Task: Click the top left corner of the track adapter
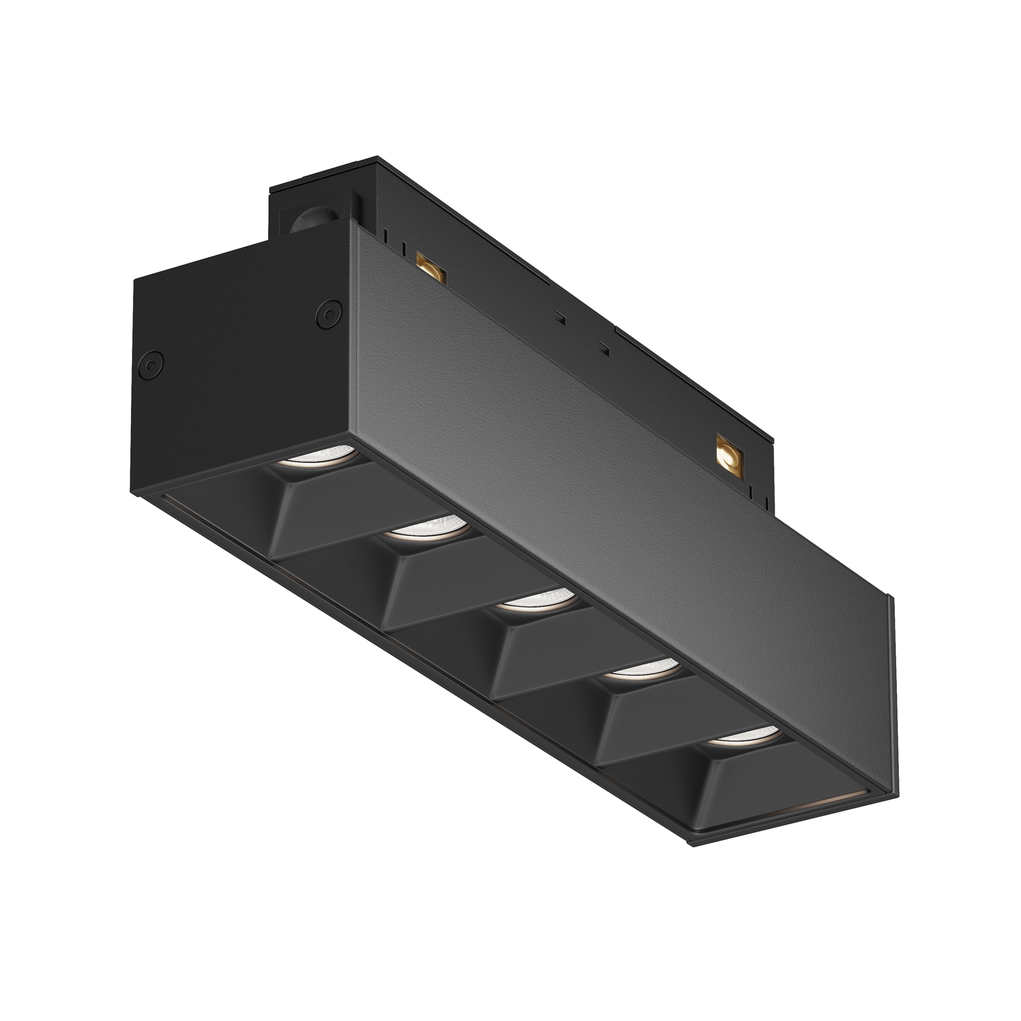[272, 189]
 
